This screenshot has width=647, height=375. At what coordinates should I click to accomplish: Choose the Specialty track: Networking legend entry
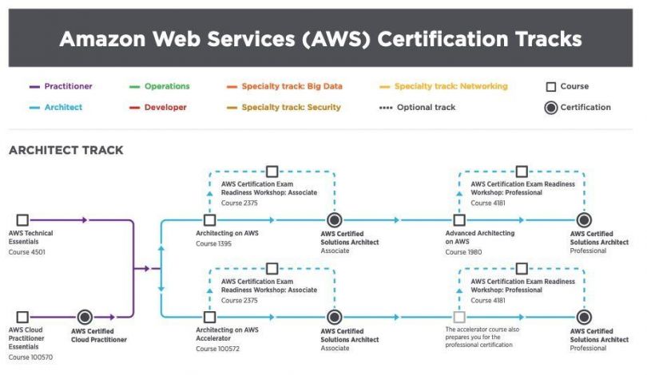coord(451,86)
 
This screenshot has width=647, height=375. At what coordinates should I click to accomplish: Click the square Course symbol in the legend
coord(550,86)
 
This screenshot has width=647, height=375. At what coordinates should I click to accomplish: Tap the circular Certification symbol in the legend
coord(550,107)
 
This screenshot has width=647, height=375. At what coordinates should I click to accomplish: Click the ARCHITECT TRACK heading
coord(65,150)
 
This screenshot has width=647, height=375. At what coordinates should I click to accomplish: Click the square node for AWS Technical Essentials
coord(22,219)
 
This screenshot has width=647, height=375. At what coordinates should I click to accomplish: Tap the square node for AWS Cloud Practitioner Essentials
coord(22,317)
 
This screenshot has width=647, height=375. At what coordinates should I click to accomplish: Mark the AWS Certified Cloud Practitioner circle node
coord(85,317)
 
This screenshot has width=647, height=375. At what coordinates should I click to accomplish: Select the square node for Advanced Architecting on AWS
coord(459,219)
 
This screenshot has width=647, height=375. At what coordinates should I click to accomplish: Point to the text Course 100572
coord(217,349)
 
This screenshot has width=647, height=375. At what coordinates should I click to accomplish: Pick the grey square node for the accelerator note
coord(459,317)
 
